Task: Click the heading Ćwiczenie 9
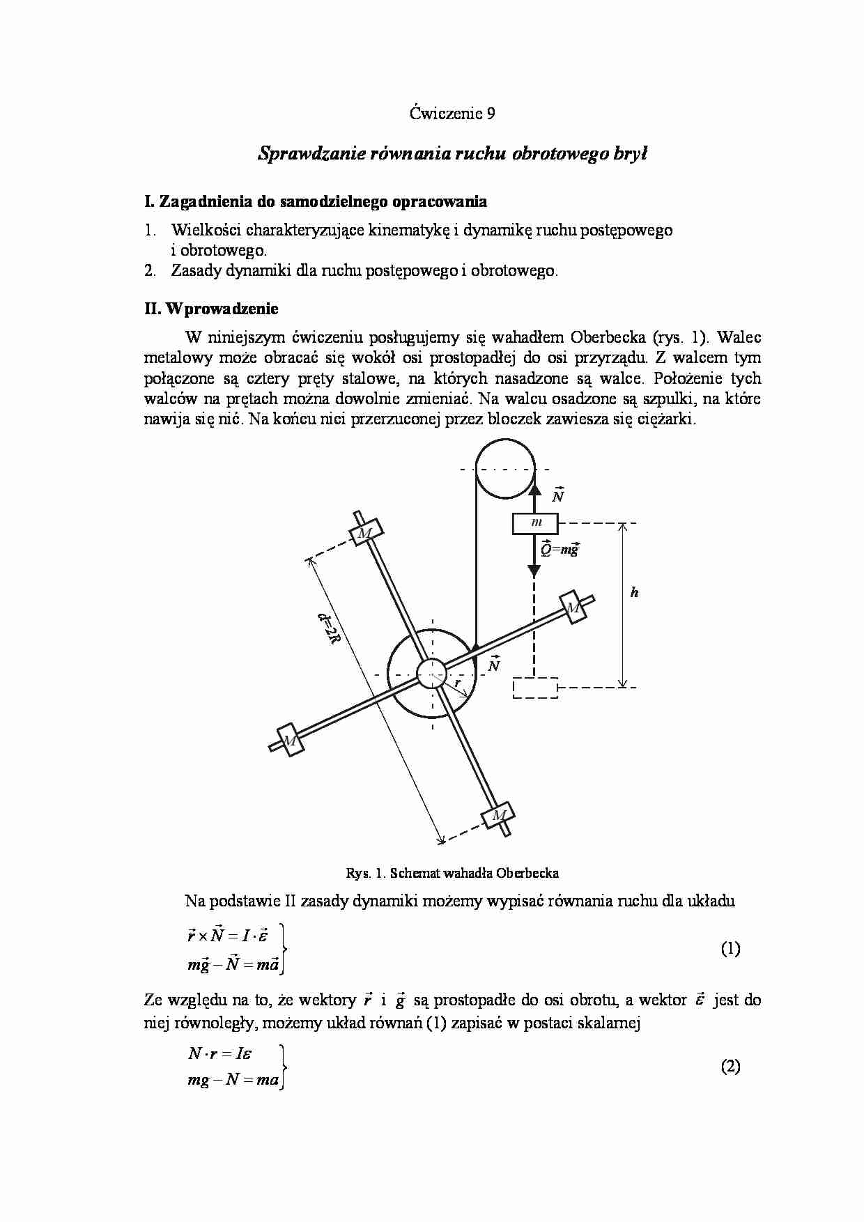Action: coord(452,114)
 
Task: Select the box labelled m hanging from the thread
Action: coord(535,523)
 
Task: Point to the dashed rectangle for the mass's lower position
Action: coord(535,688)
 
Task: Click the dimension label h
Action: coord(634,593)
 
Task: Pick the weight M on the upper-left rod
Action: coord(364,532)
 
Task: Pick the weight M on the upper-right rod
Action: coord(573,608)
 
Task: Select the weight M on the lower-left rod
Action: coord(290,739)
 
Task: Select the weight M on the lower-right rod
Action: coord(498,814)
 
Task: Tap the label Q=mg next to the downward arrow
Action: coord(560,549)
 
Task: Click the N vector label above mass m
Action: coord(557,495)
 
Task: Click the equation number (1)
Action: coord(730,948)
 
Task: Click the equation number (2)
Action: coord(730,1066)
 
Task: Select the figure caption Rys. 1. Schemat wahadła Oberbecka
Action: coord(452,872)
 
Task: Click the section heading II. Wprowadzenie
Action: coord(211,308)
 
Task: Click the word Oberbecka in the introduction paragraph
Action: coord(609,338)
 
